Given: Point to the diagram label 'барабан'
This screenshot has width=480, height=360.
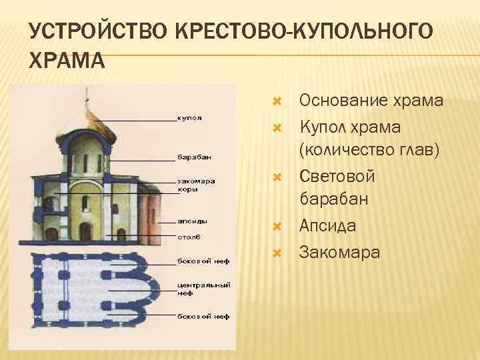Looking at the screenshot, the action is (x=194, y=158).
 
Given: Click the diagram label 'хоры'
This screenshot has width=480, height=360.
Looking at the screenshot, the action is (x=187, y=189).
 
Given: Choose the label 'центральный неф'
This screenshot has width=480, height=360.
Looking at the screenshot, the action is (x=203, y=288).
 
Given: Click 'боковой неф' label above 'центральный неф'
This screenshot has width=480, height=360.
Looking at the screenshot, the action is (x=203, y=260).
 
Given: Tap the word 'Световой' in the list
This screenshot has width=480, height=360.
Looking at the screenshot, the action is (x=337, y=177).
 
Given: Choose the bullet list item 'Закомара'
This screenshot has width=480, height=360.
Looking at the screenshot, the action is (x=340, y=252).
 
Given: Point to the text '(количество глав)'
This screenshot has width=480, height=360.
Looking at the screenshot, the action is (x=370, y=150).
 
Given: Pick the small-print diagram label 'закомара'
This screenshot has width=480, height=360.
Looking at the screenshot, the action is (x=196, y=180).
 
